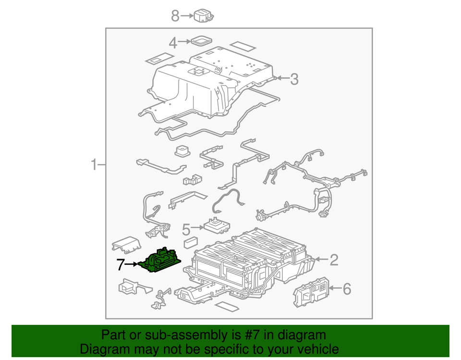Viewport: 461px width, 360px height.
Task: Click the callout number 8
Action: [x=175, y=16]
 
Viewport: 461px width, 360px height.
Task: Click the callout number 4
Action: [x=173, y=43]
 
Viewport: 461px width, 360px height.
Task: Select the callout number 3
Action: [x=294, y=79]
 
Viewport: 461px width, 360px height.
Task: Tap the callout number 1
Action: [x=94, y=165]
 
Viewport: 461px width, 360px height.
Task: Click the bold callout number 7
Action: [x=121, y=264]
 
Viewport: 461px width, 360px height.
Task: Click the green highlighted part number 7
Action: [x=160, y=260]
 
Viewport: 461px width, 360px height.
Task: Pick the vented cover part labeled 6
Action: [x=311, y=290]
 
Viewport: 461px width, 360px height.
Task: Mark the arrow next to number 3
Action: [x=282, y=78]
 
